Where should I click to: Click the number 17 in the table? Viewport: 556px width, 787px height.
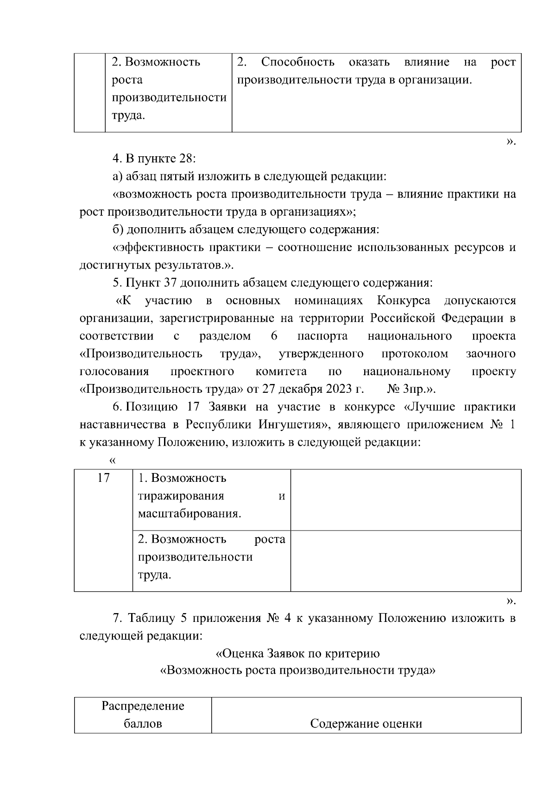[x=103, y=478]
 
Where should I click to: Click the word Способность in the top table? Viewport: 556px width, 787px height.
[x=297, y=62]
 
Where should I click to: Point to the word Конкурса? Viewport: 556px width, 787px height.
[x=403, y=301]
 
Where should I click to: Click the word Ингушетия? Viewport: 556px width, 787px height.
[x=289, y=425]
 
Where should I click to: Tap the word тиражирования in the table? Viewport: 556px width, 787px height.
[x=181, y=496]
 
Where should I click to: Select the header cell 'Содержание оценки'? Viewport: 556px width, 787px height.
[x=366, y=723]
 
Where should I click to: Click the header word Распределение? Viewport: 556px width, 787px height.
[x=143, y=706]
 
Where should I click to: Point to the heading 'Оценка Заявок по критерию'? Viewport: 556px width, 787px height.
[x=297, y=653]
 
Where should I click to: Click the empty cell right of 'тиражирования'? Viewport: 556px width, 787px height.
[x=405, y=499]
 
